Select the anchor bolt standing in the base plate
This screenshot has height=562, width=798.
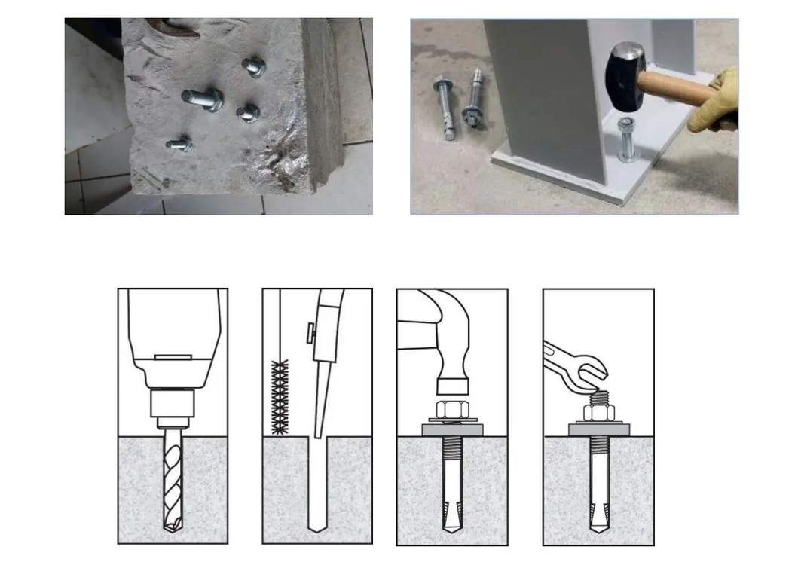coord(626,140)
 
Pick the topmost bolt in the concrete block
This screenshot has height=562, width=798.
coord(254,67)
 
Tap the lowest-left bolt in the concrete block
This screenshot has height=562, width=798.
coord(179,142)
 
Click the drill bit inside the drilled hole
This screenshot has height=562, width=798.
coord(173,482)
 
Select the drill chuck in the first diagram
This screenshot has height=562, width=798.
coord(173,407)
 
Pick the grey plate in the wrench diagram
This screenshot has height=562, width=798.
coord(598,430)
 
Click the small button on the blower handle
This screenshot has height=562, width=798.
coord(309,331)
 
